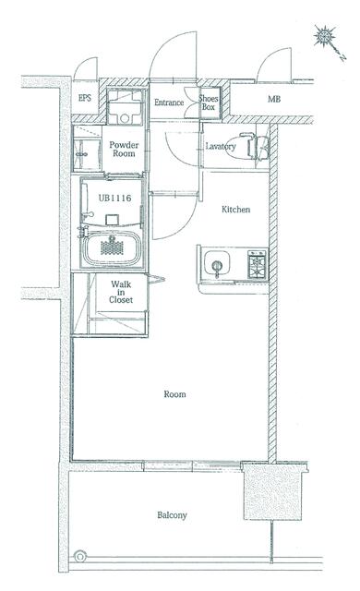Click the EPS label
(x=85, y=98)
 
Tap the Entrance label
(x=169, y=103)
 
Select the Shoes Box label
(x=209, y=103)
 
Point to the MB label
(x=274, y=99)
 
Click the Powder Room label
(x=124, y=150)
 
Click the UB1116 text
(x=114, y=198)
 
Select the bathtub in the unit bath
(x=112, y=247)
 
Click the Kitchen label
(x=235, y=210)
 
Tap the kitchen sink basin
(x=217, y=262)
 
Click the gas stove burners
(x=258, y=264)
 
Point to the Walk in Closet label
(x=121, y=292)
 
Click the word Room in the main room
(x=174, y=394)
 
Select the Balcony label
(x=172, y=515)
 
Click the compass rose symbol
(x=325, y=36)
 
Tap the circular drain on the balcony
(x=79, y=556)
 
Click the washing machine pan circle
(x=125, y=118)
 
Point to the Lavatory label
(x=221, y=147)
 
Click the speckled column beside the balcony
(x=273, y=492)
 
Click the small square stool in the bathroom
(x=113, y=220)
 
